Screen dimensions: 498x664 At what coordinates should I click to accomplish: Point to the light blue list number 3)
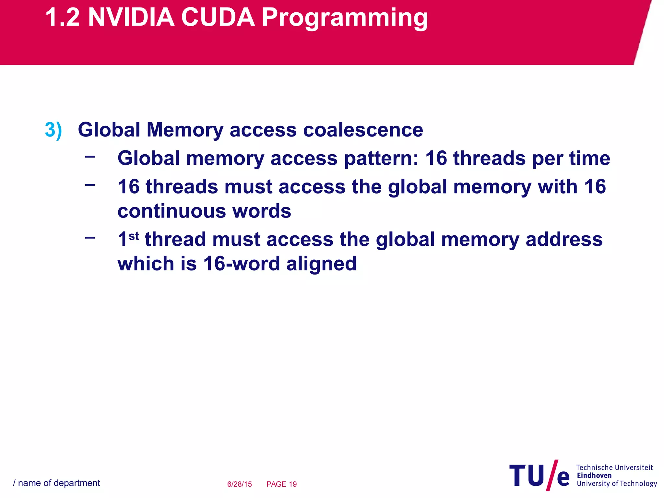(53, 130)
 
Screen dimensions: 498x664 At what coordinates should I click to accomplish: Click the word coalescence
(363, 130)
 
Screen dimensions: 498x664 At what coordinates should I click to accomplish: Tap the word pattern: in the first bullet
(381, 159)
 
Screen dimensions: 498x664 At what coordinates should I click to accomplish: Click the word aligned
(321, 264)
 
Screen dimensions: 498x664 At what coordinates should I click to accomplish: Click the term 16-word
(241, 263)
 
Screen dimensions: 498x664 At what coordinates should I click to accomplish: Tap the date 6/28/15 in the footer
(239, 484)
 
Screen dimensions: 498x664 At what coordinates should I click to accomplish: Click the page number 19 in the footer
(292, 484)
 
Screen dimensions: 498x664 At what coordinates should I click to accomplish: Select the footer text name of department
(59, 483)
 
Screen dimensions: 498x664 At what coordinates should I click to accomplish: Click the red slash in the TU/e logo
(552, 475)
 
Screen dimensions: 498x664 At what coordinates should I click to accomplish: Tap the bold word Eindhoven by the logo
(594, 475)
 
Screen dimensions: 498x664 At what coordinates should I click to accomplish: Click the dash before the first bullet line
(90, 157)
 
